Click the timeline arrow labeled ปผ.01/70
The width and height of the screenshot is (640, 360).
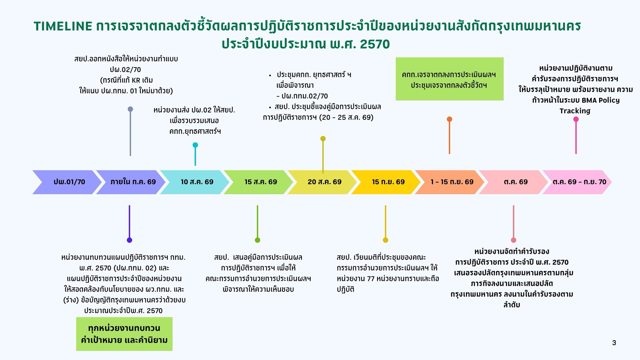[67, 182]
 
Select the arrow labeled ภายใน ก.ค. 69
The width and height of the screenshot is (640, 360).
[131, 182]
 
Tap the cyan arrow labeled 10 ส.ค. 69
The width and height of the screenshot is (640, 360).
[195, 182]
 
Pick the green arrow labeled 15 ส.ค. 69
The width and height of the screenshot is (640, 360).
[258, 182]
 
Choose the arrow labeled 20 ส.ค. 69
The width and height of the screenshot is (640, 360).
[322, 182]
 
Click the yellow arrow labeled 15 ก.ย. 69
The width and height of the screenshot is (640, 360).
[386, 182]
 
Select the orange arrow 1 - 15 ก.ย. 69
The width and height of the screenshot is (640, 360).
[450, 182]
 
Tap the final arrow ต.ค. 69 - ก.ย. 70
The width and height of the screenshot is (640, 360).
[577, 182]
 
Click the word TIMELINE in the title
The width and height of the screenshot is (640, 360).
[63, 26]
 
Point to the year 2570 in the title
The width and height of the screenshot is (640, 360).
[375, 44]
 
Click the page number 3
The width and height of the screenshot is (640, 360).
[614, 343]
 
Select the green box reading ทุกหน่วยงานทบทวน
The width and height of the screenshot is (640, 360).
[124, 334]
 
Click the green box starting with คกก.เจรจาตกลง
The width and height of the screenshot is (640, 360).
[449, 79]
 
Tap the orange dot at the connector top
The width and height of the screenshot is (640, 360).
[449, 119]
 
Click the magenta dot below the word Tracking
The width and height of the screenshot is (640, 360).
[576, 119]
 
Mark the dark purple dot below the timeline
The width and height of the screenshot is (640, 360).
[129, 240]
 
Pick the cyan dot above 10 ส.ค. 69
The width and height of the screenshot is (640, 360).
[195, 145]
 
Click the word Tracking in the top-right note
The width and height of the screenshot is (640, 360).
[575, 111]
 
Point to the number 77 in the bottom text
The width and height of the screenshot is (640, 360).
[371, 279]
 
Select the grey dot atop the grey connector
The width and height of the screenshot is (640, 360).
[130, 109]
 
